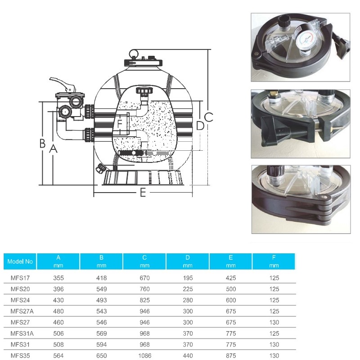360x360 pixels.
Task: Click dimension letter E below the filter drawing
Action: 143,193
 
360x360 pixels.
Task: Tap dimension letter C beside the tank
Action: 208,117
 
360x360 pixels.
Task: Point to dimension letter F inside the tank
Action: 120,124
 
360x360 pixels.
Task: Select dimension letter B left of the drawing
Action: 42,143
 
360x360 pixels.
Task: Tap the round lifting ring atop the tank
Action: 134,54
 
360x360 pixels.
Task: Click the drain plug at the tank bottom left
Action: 100,168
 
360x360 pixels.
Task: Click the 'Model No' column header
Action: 20,261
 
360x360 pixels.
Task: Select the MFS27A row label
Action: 22,311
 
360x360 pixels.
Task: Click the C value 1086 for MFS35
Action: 145,355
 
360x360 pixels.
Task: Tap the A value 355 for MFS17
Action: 58,278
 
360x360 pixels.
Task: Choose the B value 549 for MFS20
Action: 102,289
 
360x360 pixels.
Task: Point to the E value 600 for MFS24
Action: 231,300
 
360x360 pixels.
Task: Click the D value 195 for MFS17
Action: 188,278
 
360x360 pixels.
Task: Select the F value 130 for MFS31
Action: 274,345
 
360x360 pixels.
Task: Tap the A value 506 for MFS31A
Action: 58,333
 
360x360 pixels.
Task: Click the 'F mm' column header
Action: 274,261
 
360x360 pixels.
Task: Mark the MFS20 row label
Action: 20,289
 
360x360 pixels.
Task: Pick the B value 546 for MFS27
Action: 102,322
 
